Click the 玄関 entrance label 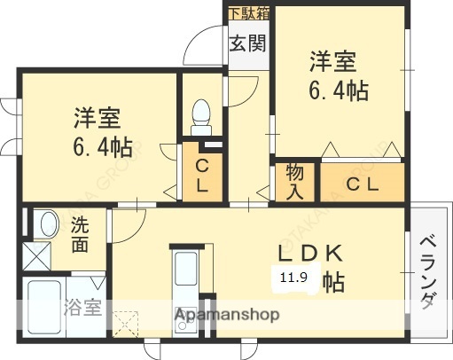click(246, 44)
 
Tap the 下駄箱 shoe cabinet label click(246, 13)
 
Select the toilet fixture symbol click(201, 114)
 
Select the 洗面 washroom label click(80, 235)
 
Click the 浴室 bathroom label click(82, 309)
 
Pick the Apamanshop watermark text click(226, 315)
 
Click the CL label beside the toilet click(202, 175)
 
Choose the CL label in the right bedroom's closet click(363, 184)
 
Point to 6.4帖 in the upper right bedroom click(339, 90)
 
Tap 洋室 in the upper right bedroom click(333, 62)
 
